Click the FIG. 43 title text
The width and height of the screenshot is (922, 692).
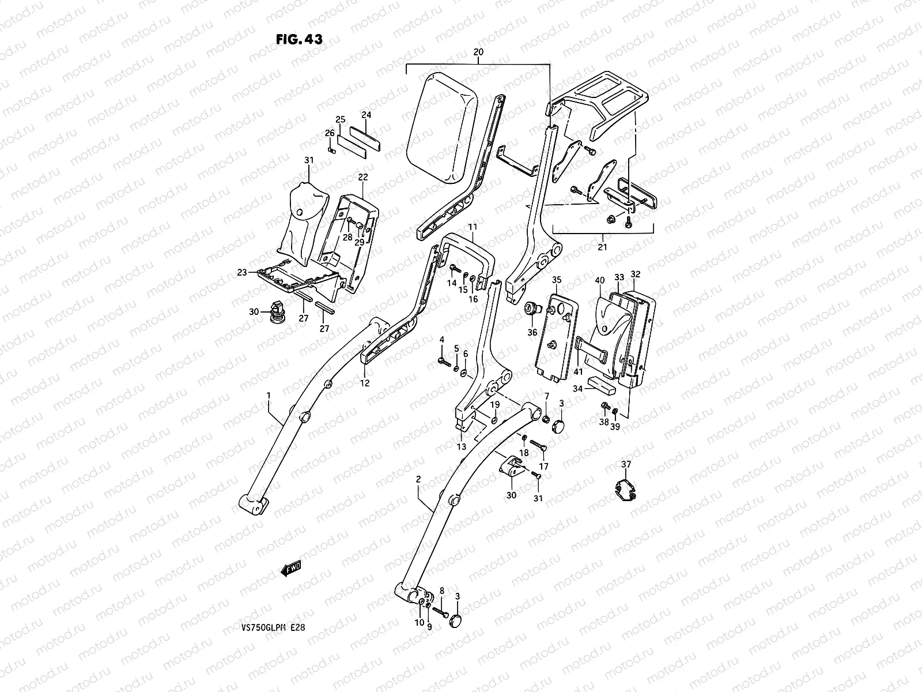point(299,39)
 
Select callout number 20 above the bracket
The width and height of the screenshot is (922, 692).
point(478,52)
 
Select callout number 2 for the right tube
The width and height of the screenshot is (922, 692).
point(418,480)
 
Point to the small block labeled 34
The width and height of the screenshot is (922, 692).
point(601,385)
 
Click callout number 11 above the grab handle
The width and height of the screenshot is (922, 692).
point(472,228)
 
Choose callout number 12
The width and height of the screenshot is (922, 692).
point(365,383)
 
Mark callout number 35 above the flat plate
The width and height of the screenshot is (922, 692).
point(557,280)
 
